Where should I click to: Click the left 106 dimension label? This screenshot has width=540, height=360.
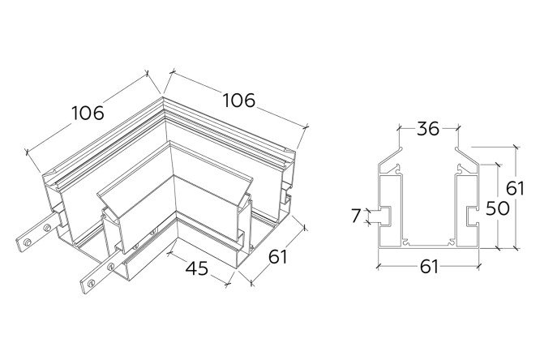(x=88, y=113)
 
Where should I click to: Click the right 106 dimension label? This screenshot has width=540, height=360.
(x=239, y=101)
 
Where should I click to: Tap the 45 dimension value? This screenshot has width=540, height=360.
(x=197, y=268)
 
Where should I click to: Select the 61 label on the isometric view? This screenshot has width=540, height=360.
(x=277, y=257)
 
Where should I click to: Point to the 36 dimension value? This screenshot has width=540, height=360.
(x=428, y=129)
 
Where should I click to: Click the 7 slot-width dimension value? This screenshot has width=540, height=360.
(x=357, y=216)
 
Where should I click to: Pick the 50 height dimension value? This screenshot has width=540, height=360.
(x=498, y=208)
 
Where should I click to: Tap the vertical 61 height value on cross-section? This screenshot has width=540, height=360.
(x=515, y=188)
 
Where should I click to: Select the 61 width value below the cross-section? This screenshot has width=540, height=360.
(x=429, y=267)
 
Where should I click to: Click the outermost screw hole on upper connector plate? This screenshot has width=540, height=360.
(x=27, y=242)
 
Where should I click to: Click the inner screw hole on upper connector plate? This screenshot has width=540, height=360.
(x=47, y=228)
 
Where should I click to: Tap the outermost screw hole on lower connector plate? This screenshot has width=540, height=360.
(x=91, y=284)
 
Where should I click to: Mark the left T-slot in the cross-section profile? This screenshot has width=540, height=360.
(x=385, y=216)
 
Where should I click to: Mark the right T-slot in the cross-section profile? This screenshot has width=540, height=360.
(x=473, y=216)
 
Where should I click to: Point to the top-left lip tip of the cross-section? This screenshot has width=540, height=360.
(x=401, y=148)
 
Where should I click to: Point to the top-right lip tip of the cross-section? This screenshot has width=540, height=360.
(x=456, y=149)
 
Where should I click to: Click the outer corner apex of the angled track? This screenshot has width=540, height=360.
(x=163, y=97)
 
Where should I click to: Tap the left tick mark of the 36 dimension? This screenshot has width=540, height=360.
(x=399, y=128)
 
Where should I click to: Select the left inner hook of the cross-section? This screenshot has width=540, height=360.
(x=398, y=169)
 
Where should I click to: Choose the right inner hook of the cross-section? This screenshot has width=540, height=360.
(x=461, y=169)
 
